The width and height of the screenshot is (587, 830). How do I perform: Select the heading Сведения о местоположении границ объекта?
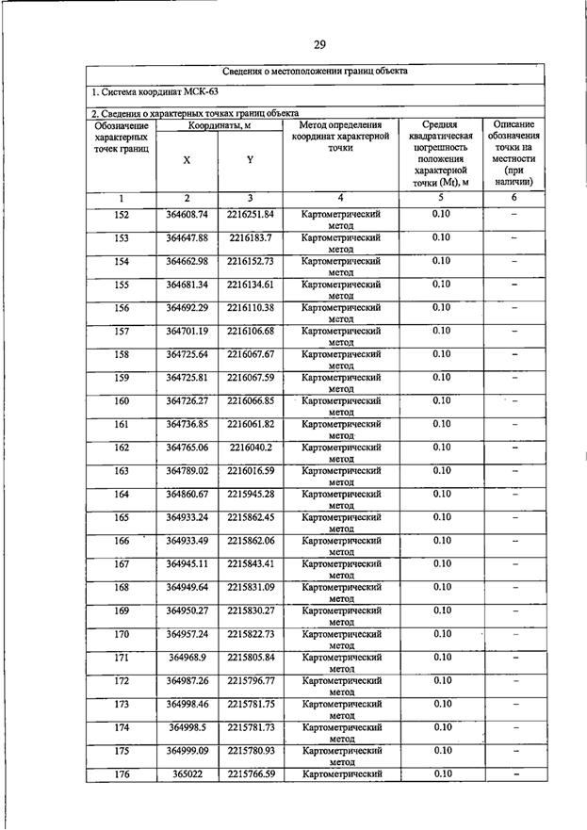click(316, 72)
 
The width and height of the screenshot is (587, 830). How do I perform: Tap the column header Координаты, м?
click(219, 125)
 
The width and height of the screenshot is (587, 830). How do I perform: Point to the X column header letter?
click(187, 160)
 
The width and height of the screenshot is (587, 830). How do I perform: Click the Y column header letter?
click(250, 160)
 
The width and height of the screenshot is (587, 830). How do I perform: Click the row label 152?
click(122, 215)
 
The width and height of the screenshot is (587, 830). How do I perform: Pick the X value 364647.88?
click(187, 237)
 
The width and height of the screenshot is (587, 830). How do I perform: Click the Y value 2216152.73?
click(250, 261)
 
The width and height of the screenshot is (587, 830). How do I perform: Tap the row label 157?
click(122, 331)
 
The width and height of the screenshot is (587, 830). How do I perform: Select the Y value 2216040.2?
click(250, 447)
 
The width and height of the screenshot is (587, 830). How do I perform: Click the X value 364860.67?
click(187, 494)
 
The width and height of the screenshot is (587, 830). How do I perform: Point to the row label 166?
click(122, 540)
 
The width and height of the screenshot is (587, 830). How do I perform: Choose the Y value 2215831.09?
click(250, 587)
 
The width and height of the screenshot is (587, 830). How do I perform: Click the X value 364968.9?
click(187, 657)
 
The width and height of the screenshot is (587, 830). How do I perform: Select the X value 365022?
click(187, 773)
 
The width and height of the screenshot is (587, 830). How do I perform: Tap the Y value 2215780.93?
click(250, 750)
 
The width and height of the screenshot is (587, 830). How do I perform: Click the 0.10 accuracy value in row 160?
click(441, 400)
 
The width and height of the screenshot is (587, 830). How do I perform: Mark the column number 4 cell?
click(340, 198)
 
